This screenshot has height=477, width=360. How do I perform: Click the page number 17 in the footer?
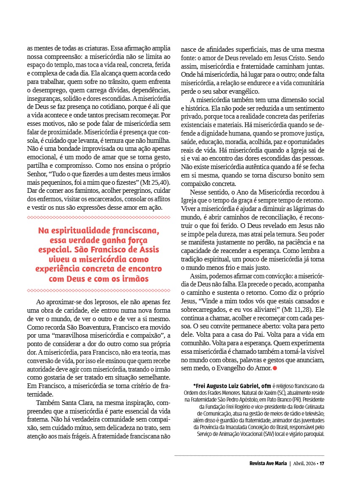(322, 463)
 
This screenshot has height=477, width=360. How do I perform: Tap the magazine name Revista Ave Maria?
(268, 463)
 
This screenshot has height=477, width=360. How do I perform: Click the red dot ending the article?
(275, 369)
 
